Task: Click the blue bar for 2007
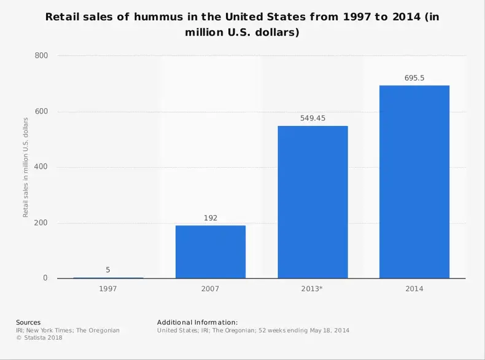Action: (211, 252)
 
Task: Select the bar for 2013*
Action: (312, 202)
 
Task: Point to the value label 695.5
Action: (414, 77)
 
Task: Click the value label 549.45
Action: (312, 118)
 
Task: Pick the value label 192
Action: (211, 217)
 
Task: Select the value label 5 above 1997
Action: (108, 270)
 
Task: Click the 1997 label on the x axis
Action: (108, 288)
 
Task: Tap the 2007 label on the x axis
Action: (211, 288)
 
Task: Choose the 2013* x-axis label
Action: (312, 288)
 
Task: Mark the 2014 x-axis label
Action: (414, 288)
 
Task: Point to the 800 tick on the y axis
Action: (40, 56)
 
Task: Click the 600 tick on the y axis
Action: (40, 112)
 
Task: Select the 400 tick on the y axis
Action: (40, 167)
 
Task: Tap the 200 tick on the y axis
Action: (40, 223)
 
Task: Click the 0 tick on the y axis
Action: (45, 278)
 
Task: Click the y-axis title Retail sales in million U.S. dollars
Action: (26, 167)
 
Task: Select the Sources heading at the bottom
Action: (28, 322)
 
